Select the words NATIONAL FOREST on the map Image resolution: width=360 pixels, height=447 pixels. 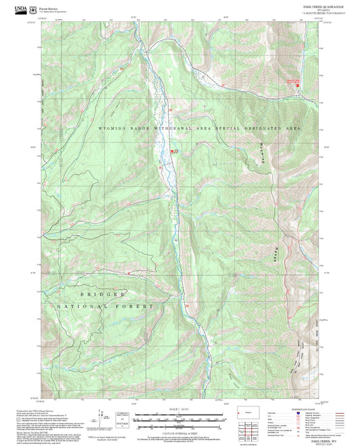(x=117, y=306)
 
